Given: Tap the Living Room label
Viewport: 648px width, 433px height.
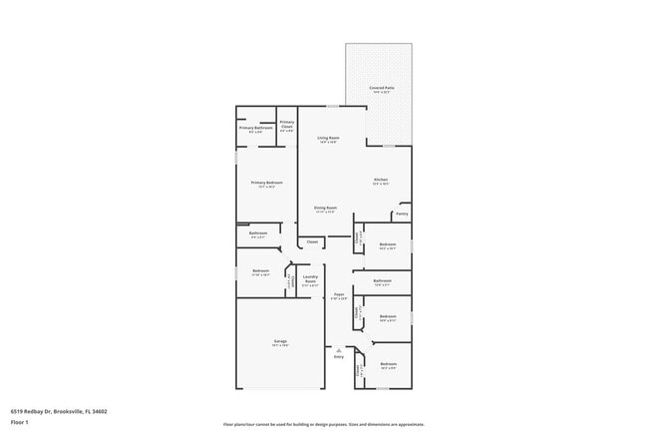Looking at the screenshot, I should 328,138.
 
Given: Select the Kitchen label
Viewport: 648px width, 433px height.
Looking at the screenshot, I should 380,180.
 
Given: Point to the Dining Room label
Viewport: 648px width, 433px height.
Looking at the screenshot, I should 325,208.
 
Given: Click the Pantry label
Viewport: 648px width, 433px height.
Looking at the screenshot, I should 401,214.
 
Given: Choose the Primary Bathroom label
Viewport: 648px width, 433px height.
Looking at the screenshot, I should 255,128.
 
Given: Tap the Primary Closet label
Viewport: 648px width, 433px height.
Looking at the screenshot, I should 286,125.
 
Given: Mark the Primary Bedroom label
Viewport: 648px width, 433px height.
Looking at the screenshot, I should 266,183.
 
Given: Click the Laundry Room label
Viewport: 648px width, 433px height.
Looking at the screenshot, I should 309,278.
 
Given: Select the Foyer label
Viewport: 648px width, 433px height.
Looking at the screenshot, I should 339,294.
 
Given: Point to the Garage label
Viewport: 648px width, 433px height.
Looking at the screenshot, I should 280,341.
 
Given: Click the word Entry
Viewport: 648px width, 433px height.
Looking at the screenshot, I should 339,357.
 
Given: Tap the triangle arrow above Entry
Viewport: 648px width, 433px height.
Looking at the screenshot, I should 339,349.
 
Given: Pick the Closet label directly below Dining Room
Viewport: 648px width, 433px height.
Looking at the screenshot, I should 312,241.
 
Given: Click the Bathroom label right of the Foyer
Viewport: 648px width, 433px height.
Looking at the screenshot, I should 383,281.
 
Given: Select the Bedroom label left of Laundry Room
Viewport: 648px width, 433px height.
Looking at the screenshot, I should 260,271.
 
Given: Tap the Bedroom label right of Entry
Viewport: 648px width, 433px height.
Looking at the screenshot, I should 388,364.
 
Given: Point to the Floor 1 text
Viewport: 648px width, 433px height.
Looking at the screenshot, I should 20,422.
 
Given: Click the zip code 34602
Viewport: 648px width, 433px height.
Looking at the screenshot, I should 101,411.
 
